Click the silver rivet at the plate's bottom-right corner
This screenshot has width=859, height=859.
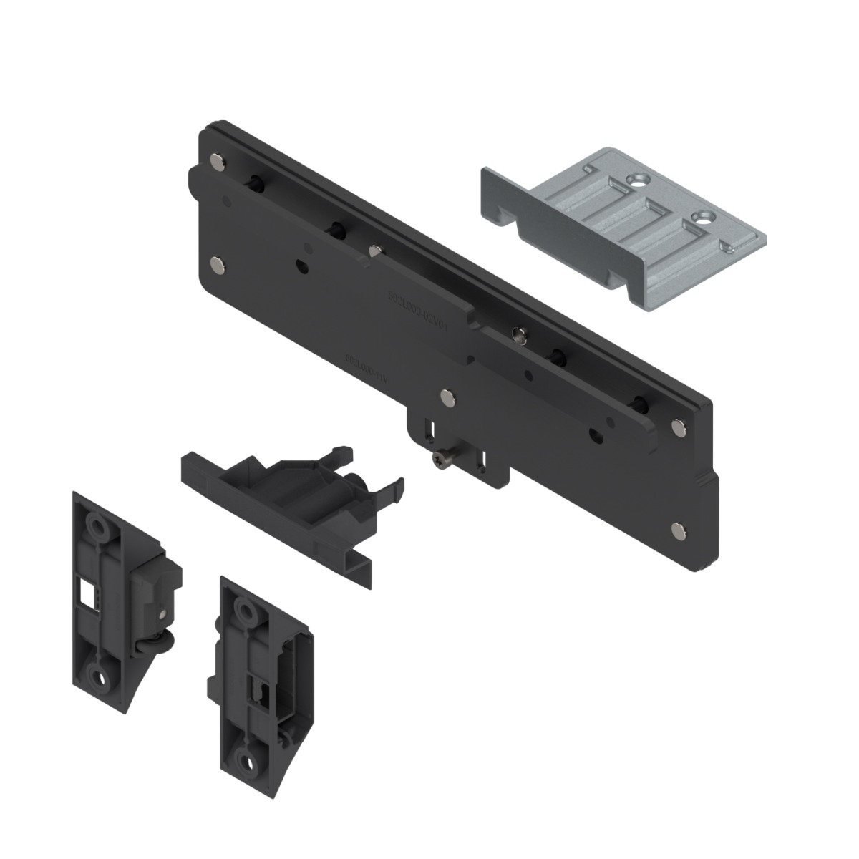click(677, 529)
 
